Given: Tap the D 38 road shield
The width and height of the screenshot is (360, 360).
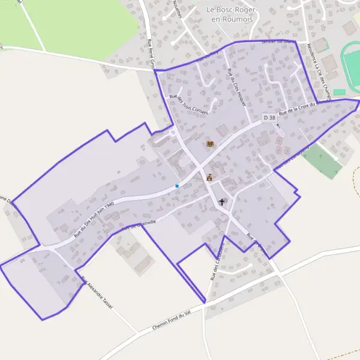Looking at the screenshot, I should [269, 118].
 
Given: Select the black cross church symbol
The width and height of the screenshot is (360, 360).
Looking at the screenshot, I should [223, 203].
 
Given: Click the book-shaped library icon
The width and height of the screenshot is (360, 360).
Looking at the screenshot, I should [210, 144].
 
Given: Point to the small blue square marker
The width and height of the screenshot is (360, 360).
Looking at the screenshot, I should [177, 186].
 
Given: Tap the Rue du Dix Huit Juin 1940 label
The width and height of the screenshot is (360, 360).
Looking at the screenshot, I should [93, 220].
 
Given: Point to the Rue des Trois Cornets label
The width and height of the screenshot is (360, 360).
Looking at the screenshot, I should [188, 104].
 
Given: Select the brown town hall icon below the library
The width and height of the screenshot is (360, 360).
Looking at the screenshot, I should [209, 178].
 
